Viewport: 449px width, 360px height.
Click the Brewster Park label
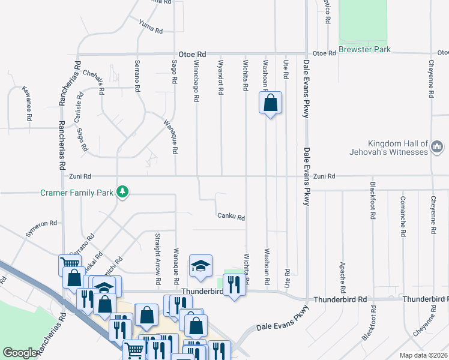tap(364, 49)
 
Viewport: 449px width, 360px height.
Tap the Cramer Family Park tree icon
tap(122, 191)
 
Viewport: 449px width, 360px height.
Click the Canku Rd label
tap(231, 217)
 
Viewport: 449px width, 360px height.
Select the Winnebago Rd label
tap(196, 81)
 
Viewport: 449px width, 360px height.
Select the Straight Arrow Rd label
tap(158, 259)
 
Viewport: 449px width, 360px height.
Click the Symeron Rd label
tap(41, 228)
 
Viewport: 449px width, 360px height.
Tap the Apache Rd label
tap(342, 273)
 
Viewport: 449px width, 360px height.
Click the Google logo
tap(20, 353)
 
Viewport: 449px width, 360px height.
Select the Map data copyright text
tap(424, 355)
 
